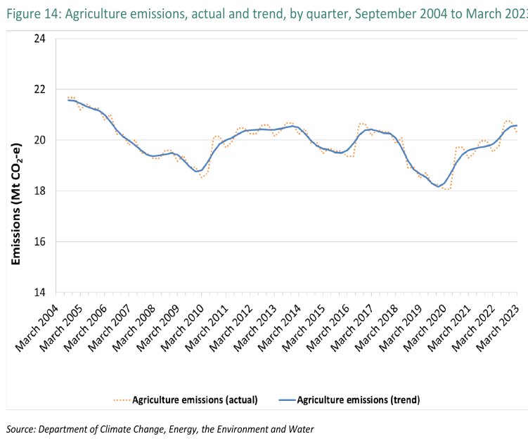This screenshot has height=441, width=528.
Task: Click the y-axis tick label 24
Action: tap(40, 39)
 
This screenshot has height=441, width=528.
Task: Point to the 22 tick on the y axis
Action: tap(40, 89)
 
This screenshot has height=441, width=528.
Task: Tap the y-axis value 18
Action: tap(40, 191)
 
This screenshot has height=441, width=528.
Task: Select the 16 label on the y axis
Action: tap(40, 242)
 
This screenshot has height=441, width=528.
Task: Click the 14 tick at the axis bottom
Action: tap(40, 293)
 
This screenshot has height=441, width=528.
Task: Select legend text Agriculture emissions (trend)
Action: tap(359, 400)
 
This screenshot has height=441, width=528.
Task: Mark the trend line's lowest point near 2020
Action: tap(437, 186)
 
